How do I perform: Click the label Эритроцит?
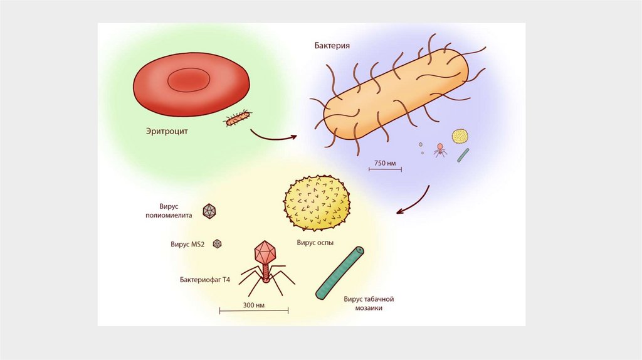tap(167, 132)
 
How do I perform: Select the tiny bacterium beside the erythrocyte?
tap(238, 118)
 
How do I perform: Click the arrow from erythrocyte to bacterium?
tap(273, 135)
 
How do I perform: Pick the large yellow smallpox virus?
tap(317, 203)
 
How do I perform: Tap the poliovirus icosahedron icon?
tap(209, 211)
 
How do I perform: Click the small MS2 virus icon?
tap(218, 243)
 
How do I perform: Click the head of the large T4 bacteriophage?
tap(265, 251)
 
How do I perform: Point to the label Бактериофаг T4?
tap(204, 279)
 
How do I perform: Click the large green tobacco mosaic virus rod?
tap(340, 272)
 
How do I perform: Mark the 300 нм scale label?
tap(253, 305)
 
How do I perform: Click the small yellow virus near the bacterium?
tap(460, 136)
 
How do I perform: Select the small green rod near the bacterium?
tap(463, 155)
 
